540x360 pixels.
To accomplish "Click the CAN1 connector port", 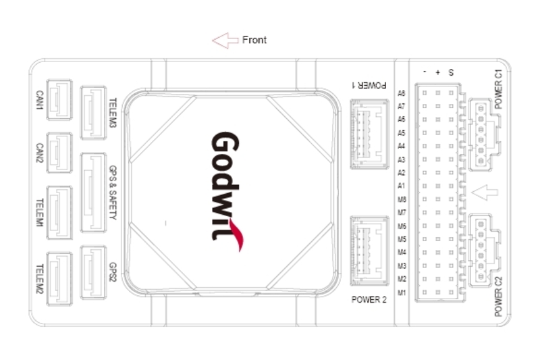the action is point(59,99).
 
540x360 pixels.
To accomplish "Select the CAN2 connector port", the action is point(59,153).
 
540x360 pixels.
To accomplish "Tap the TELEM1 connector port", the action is point(59,213).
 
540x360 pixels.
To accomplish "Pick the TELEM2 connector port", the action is point(59,279).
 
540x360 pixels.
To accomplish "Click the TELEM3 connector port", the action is point(93,113).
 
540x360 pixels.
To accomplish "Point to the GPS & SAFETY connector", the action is point(93,192).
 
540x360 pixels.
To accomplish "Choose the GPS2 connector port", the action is point(93,272).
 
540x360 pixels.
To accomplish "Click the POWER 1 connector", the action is point(369,134).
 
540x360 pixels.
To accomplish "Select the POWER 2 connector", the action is point(369,251).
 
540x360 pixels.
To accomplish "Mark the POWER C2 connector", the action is point(485,251).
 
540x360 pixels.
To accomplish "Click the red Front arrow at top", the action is point(225,41).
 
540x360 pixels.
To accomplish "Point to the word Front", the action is point(254,40).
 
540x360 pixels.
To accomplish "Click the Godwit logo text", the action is point(227,191).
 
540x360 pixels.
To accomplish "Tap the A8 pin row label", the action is point(402,93).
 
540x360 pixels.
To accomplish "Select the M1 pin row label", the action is point(402,292).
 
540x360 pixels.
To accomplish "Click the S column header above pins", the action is point(451,72).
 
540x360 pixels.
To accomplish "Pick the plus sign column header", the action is point(437,72).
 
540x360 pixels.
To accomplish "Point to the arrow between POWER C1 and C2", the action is point(484,192).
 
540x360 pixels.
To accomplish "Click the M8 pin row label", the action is point(402,199).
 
